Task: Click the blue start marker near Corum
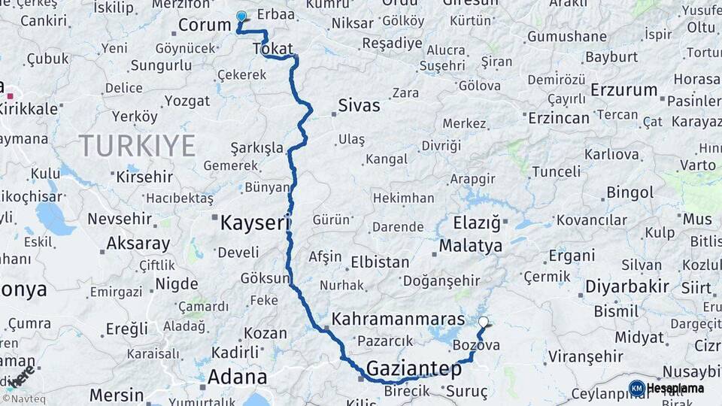click(x=241, y=16)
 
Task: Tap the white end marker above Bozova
click(x=484, y=322)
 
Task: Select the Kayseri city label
click(x=255, y=223)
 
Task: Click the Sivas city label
click(x=359, y=106)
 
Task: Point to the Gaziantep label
click(x=414, y=368)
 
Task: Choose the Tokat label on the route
click(x=273, y=49)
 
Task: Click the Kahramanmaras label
click(x=399, y=318)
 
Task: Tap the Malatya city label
click(x=470, y=246)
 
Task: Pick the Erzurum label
click(x=624, y=89)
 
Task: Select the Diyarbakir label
click(x=627, y=286)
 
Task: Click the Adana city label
click(x=238, y=376)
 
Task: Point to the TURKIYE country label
click(x=138, y=145)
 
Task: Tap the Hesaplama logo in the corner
click(x=667, y=388)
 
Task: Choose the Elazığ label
click(x=477, y=223)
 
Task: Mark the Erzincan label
click(x=558, y=118)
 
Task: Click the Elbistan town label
click(x=380, y=262)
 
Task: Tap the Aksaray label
click(x=138, y=244)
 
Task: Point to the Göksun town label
click(x=265, y=278)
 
